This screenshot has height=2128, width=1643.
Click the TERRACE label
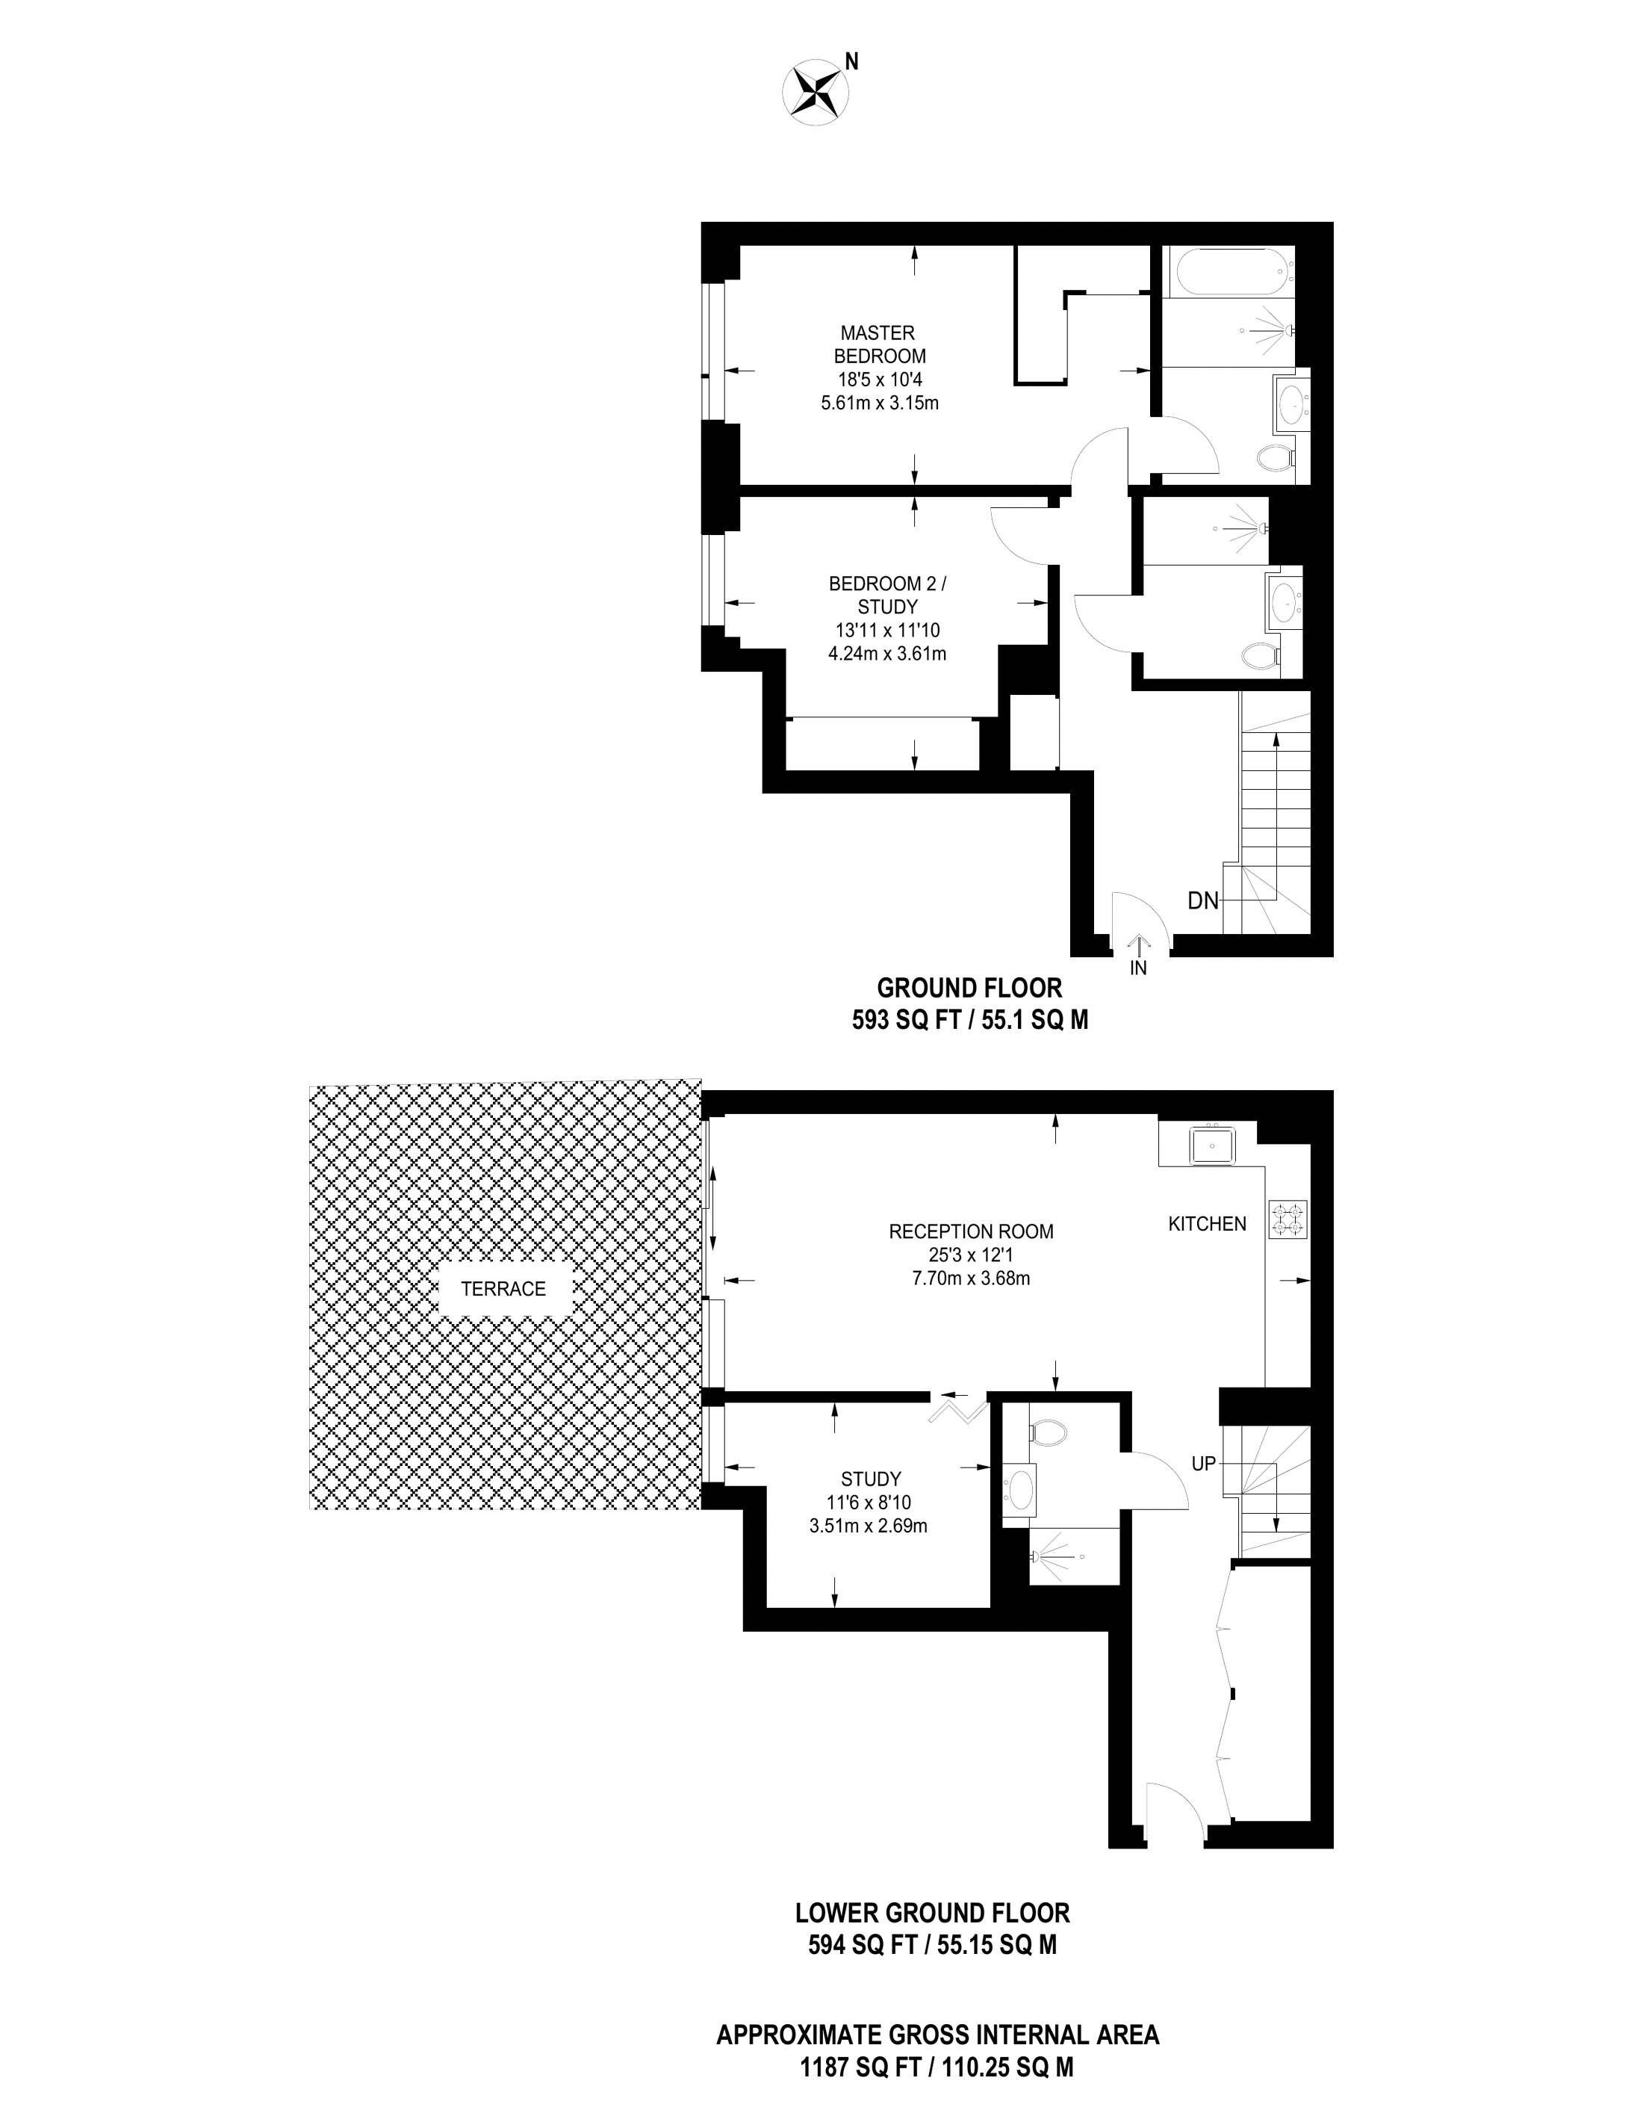(x=503, y=1289)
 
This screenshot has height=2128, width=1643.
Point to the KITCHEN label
(x=1207, y=1224)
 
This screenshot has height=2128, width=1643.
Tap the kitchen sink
(x=1211, y=1145)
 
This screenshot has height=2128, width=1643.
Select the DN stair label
(x=1203, y=901)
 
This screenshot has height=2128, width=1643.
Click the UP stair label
(x=1204, y=1464)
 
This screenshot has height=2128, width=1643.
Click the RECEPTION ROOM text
(x=971, y=1231)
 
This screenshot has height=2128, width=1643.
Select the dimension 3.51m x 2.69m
(x=868, y=1527)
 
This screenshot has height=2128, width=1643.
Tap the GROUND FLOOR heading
(x=969, y=988)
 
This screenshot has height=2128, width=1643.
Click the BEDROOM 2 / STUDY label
(x=886, y=596)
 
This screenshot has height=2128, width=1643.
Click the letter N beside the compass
(x=851, y=62)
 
